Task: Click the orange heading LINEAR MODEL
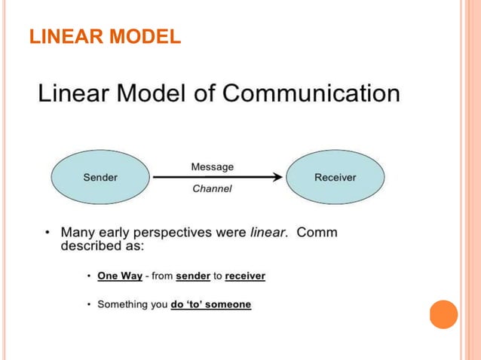(104, 35)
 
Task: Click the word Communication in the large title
(312, 94)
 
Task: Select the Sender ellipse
(100, 178)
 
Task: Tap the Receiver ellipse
(335, 178)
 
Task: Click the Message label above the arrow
(212, 166)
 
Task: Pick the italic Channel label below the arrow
(212, 189)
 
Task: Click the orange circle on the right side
(443, 313)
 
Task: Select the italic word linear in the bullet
(268, 233)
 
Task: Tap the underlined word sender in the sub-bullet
(193, 276)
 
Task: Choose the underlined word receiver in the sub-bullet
(245, 276)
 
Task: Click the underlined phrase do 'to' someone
(211, 305)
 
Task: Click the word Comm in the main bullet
(317, 233)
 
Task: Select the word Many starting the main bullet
(78, 233)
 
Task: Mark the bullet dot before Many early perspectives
(47, 233)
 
